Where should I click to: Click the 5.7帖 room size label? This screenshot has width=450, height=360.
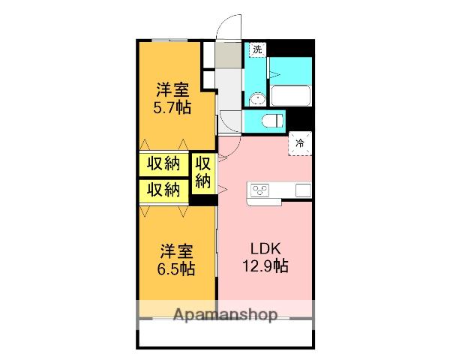click(172, 107)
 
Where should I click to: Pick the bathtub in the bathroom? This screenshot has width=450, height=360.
click(290, 96)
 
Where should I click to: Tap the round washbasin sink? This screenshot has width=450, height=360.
click(257, 97)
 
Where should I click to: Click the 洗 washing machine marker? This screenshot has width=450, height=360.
click(257, 49)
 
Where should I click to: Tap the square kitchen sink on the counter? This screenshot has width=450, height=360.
click(303, 190)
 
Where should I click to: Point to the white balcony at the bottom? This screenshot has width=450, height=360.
click(225, 335)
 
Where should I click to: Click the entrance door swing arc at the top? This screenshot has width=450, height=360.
click(228, 27)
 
